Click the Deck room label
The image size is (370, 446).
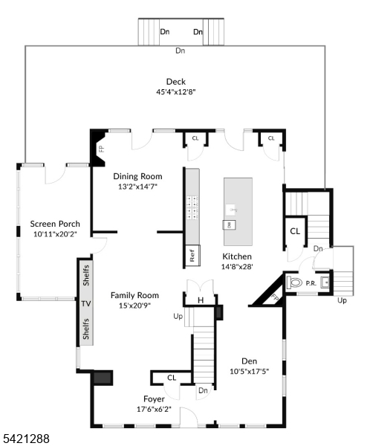(x=175, y=82)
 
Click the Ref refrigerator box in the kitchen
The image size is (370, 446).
(x=192, y=256)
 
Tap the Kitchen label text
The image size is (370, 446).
(x=238, y=256)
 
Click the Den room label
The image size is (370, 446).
(x=249, y=361)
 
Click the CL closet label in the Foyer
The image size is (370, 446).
(x=172, y=378)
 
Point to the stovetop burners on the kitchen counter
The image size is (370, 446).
(x=192, y=208)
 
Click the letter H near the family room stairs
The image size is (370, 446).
(x=200, y=300)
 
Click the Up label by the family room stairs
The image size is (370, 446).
(x=178, y=316)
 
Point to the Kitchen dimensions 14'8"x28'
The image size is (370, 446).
(x=238, y=266)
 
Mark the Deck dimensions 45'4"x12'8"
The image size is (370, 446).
(x=175, y=93)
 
